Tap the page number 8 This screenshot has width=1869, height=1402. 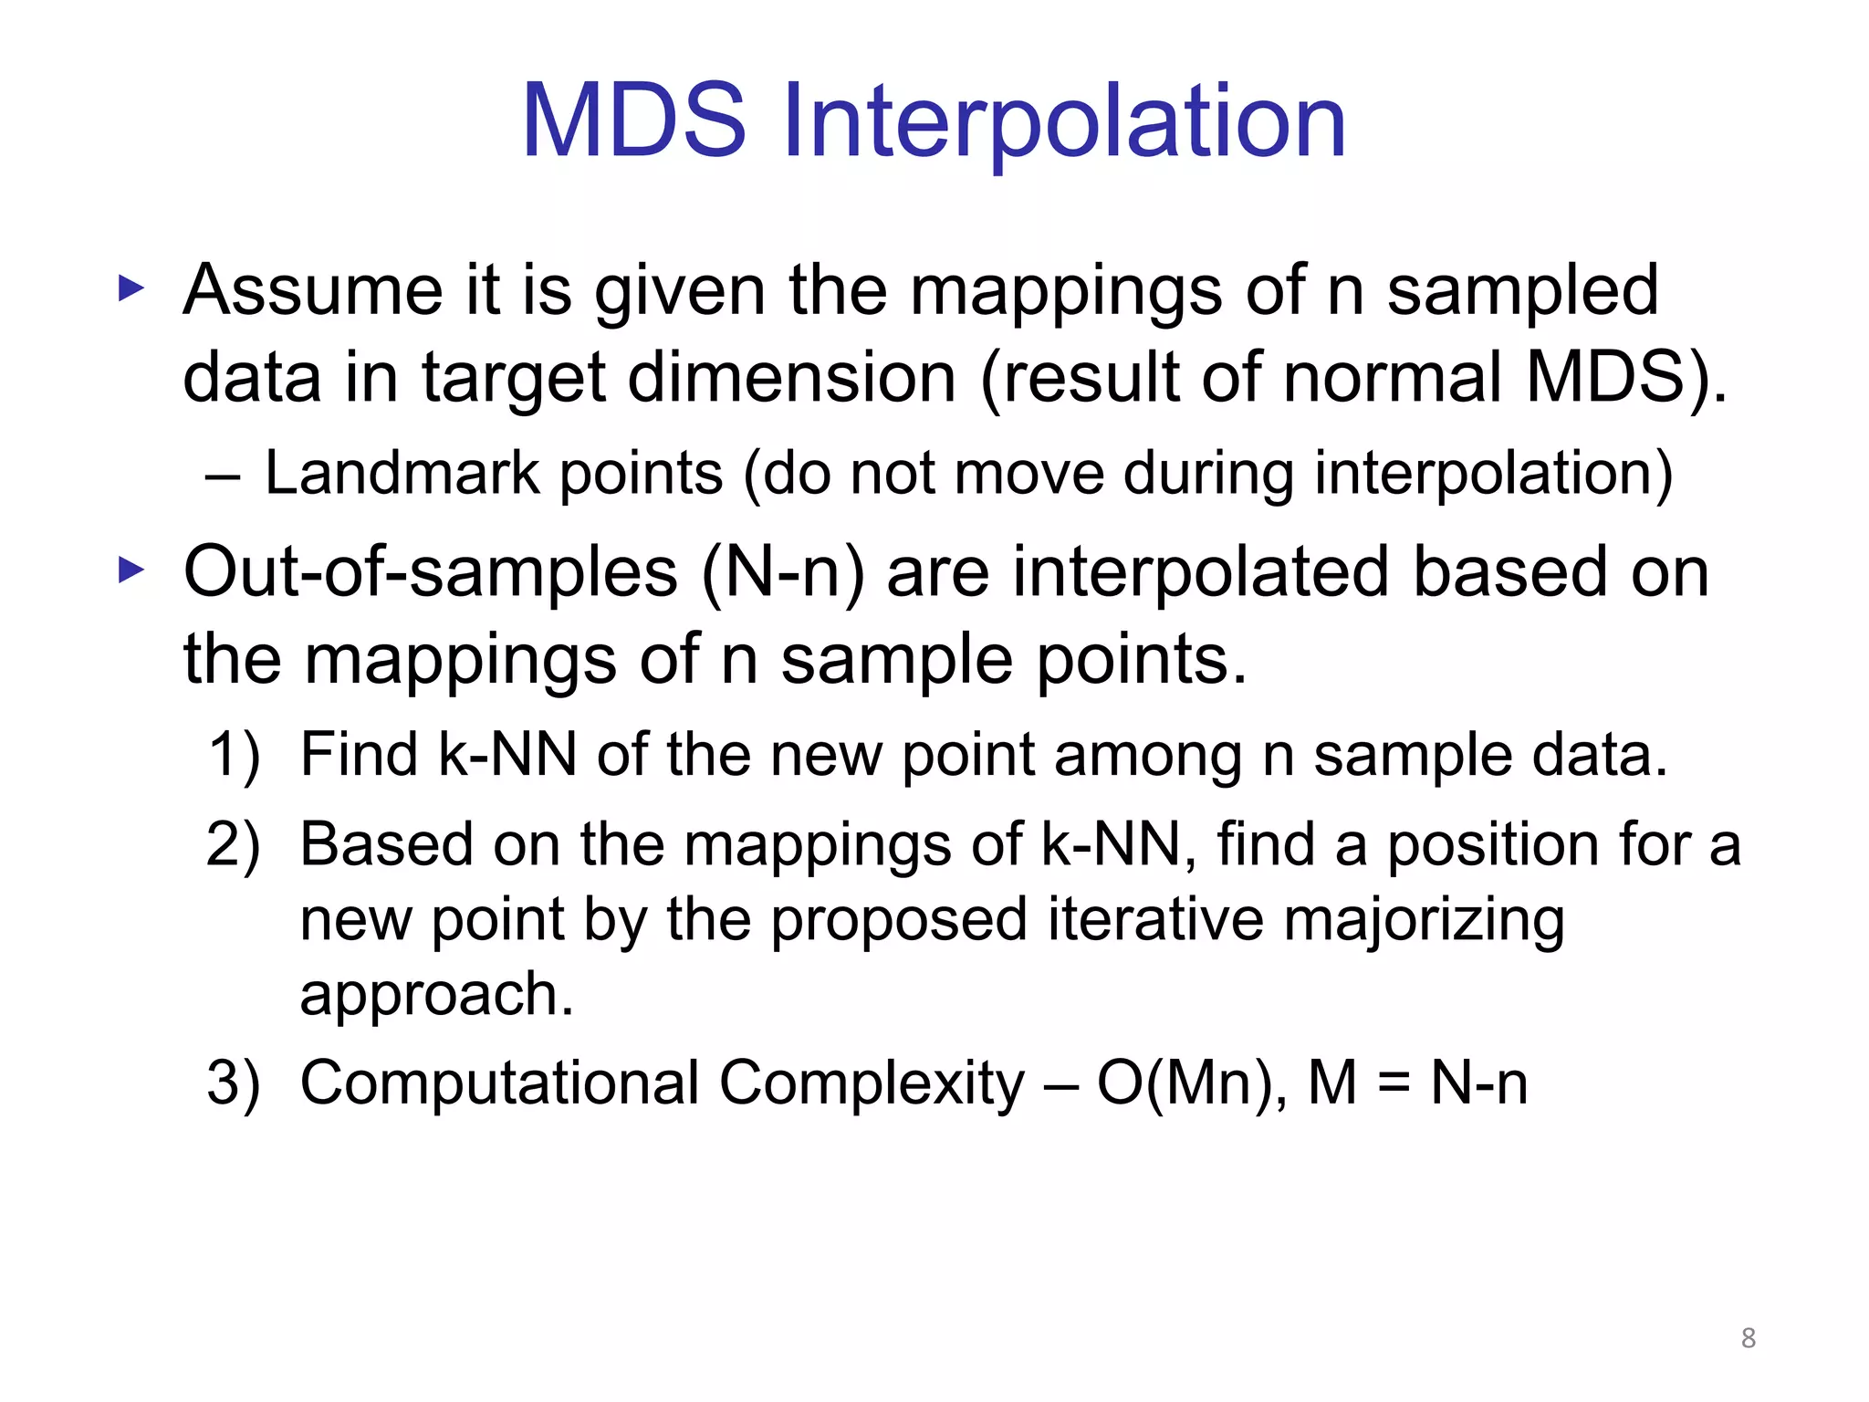click(1748, 1338)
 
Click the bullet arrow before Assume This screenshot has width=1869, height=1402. click(131, 290)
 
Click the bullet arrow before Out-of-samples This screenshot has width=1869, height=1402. click(131, 571)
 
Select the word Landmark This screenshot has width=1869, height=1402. click(402, 474)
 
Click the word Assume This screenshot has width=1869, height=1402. click(312, 290)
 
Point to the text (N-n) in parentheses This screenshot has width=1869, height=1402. click(783, 573)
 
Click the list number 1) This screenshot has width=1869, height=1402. click(234, 756)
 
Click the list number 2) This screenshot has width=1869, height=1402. click(234, 845)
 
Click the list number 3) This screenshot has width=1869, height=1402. click(234, 1083)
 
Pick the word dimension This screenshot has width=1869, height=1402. click(792, 378)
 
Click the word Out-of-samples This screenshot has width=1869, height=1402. click(431, 573)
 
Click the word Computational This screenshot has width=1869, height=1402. click(499, 1083)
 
